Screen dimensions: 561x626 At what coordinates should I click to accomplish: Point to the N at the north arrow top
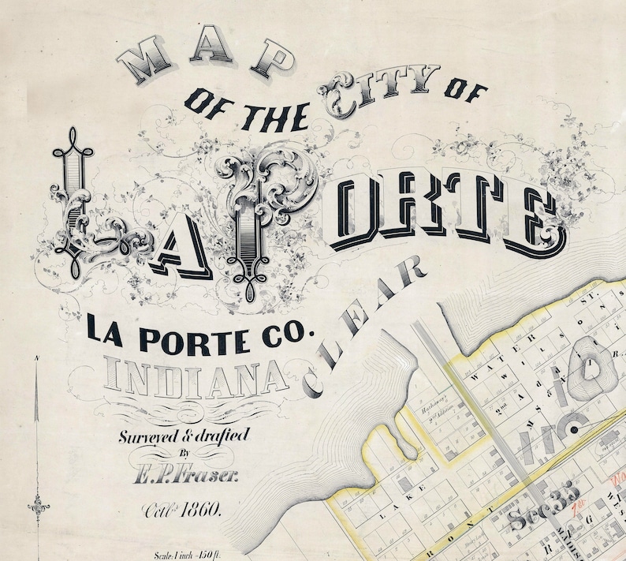coord(37,361)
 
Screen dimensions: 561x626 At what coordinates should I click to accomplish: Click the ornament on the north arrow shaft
coord(36,503)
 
